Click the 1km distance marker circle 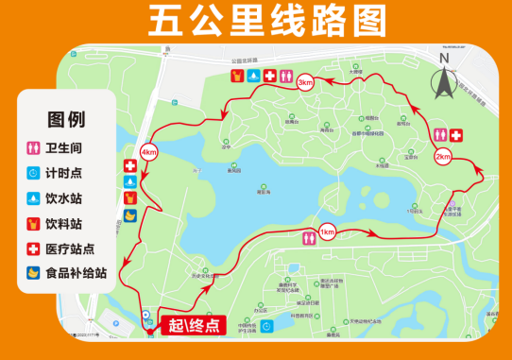pos(327,232)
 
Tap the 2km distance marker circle pos(443,157)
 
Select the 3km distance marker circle pos(304,83)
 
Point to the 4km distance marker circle pos(148,152)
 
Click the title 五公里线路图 pos(256,20)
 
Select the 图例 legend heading pos(66,120)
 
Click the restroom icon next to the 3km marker pos(286,76)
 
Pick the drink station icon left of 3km pos(237,76)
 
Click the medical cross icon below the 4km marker pos(129,165)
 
